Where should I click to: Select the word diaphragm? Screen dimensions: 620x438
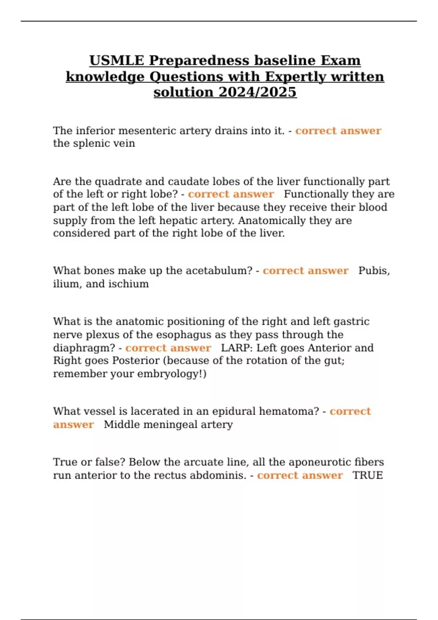tap(84, 348)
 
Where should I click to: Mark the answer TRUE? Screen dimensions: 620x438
tap(368, 475)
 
